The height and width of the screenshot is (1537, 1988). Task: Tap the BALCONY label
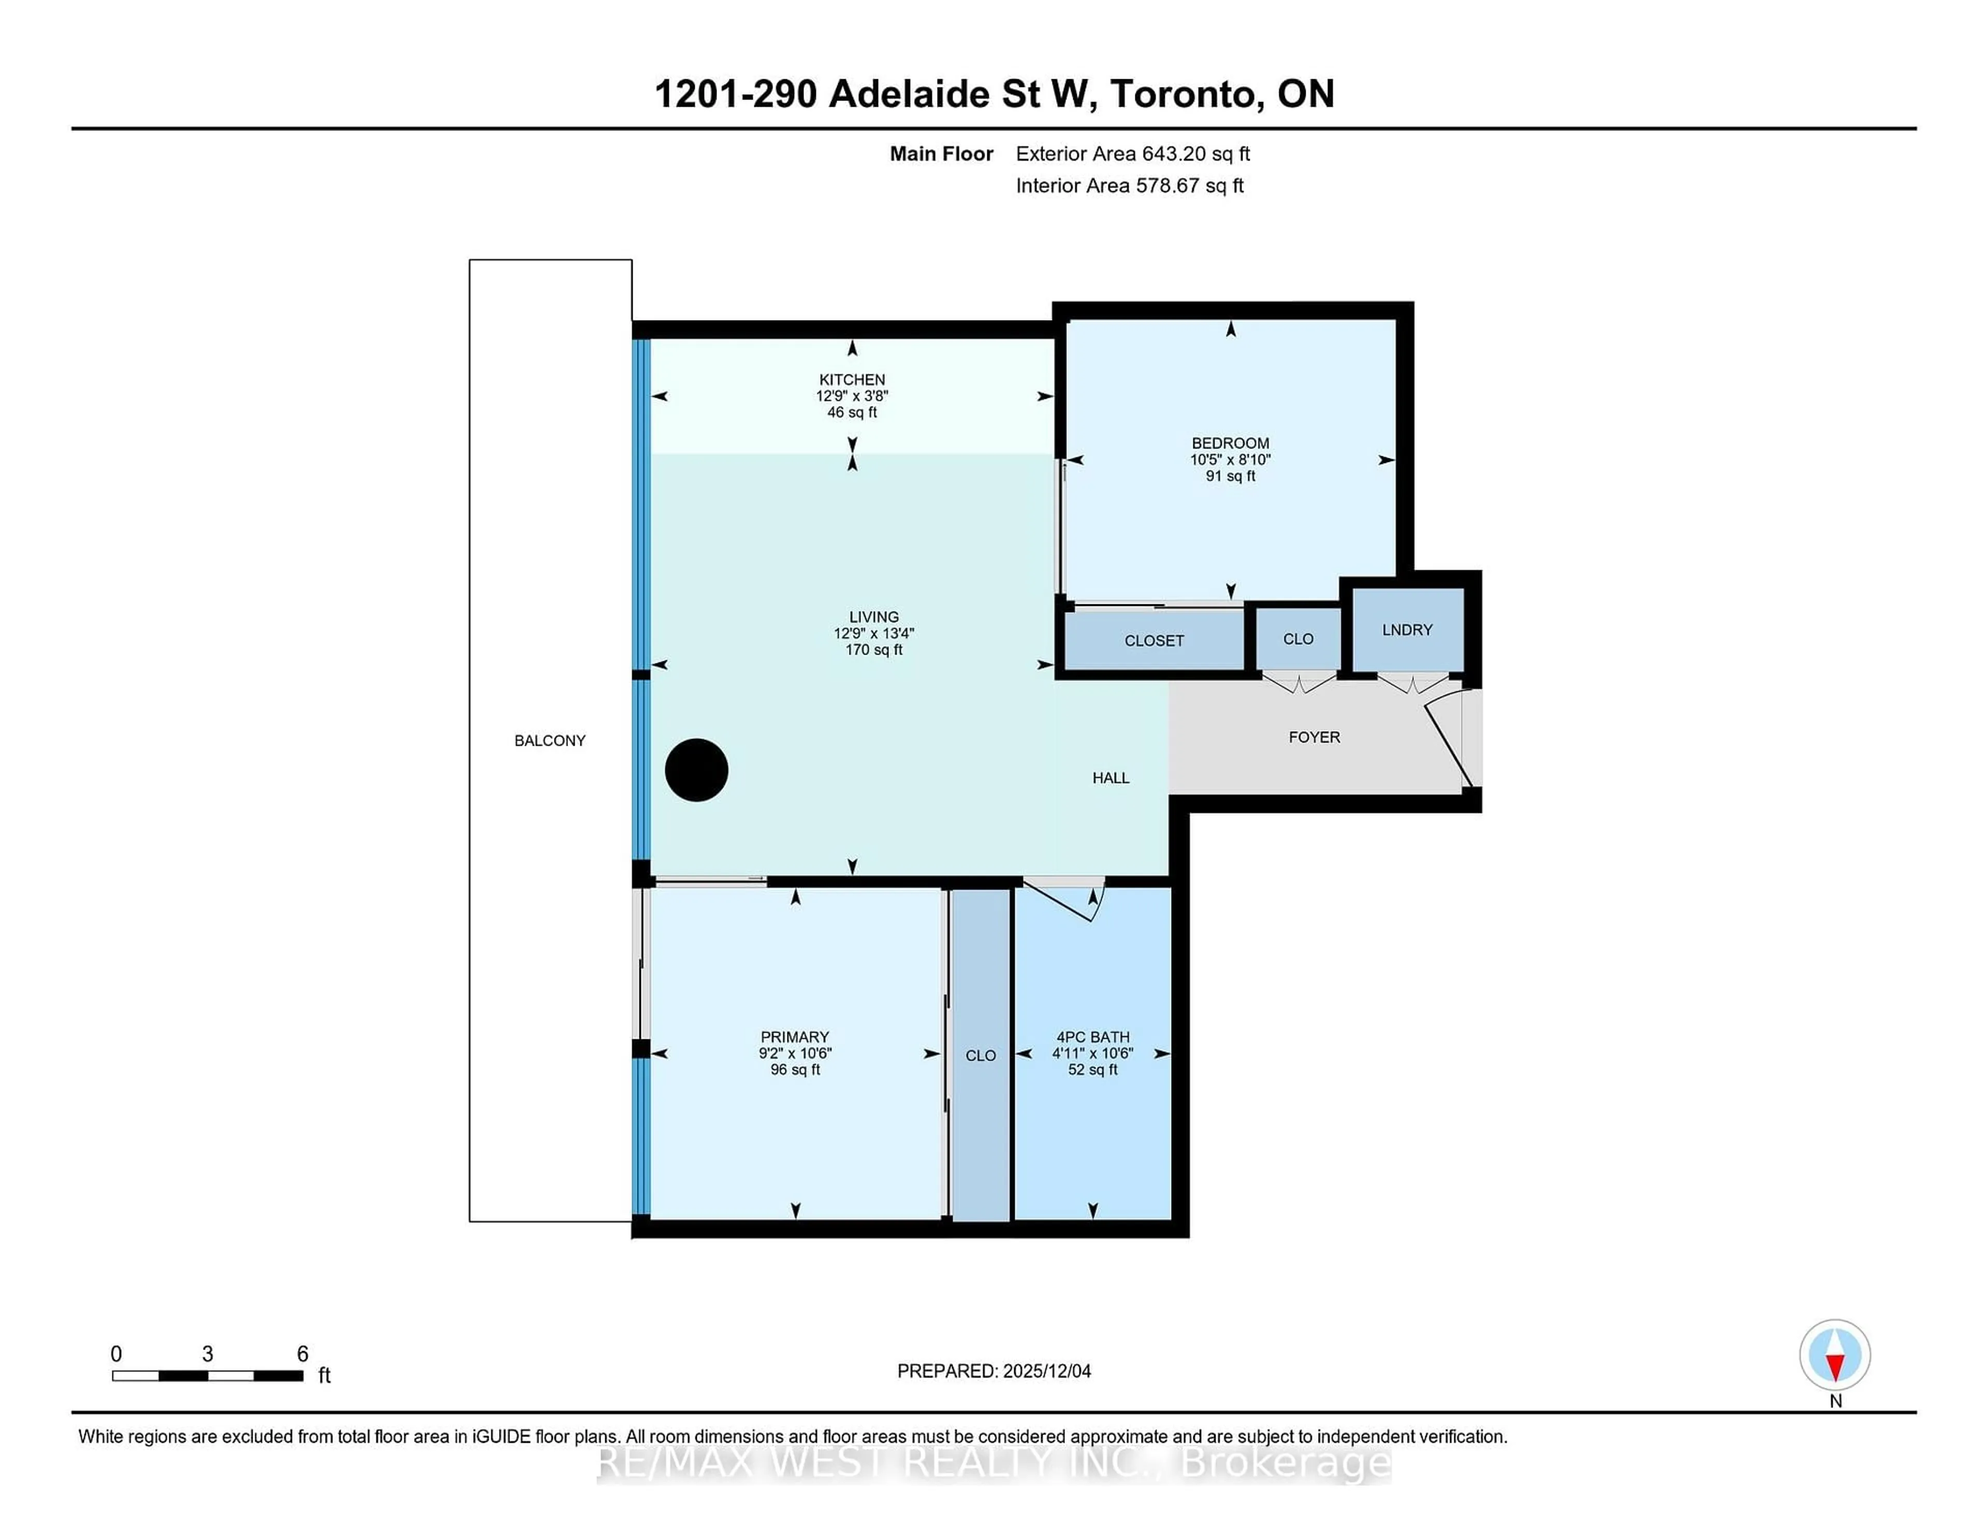(550, 740)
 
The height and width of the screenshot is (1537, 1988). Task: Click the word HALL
(1110, 778)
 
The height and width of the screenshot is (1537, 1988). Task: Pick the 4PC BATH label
(1092, 1036)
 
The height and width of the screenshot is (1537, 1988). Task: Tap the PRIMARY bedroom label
(795, 1036)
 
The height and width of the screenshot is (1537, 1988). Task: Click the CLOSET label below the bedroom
(1153, 640)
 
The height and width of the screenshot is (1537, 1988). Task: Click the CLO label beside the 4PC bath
(981, 1055)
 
